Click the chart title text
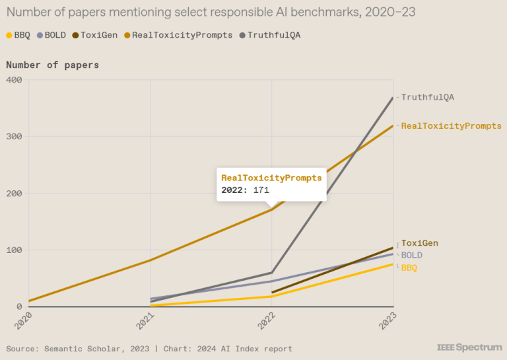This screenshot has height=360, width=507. click(211, 13)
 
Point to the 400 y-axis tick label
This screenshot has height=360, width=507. click(14, 80)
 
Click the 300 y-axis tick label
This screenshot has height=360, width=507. click(14, 137)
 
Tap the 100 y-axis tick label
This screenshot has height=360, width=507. click(14, 250)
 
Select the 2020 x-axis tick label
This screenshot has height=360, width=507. click(25, 322)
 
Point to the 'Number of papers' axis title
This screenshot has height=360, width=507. click(52, 65)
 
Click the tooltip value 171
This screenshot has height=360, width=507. click(261, 190)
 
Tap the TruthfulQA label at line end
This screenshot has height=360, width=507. click(428, 97)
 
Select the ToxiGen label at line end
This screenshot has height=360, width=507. click(420, 243)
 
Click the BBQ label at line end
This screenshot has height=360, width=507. click(409, 268)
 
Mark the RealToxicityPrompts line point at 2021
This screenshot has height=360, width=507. click(151, 260)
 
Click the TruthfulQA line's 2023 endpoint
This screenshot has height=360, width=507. click(393, 98)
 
